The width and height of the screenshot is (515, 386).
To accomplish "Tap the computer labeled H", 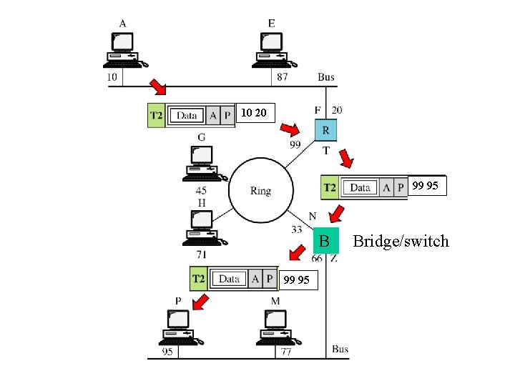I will [x=202, y=227].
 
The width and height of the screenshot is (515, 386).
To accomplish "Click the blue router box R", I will [x=326, y=131].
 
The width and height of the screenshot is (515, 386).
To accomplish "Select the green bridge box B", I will [x=324, y=241].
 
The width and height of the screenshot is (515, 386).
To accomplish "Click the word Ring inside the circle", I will [x=260, y=191].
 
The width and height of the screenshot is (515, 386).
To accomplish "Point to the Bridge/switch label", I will [x=401, y=241].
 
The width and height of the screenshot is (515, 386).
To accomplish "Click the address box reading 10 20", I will [x=254, y=113].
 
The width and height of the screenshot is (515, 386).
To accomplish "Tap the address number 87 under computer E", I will [x=282, y=76].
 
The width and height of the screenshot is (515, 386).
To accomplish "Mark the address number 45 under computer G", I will [x=202, y=191].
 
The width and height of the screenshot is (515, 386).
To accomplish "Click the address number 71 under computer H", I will [x=202, y=254].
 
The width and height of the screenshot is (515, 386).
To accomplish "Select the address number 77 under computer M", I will [x=285, y=352].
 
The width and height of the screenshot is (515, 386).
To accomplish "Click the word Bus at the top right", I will [x=326, y=76].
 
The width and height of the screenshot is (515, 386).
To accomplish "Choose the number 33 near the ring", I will [x=297, y=229].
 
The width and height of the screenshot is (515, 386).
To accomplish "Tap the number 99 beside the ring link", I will [x=295, y=144].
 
